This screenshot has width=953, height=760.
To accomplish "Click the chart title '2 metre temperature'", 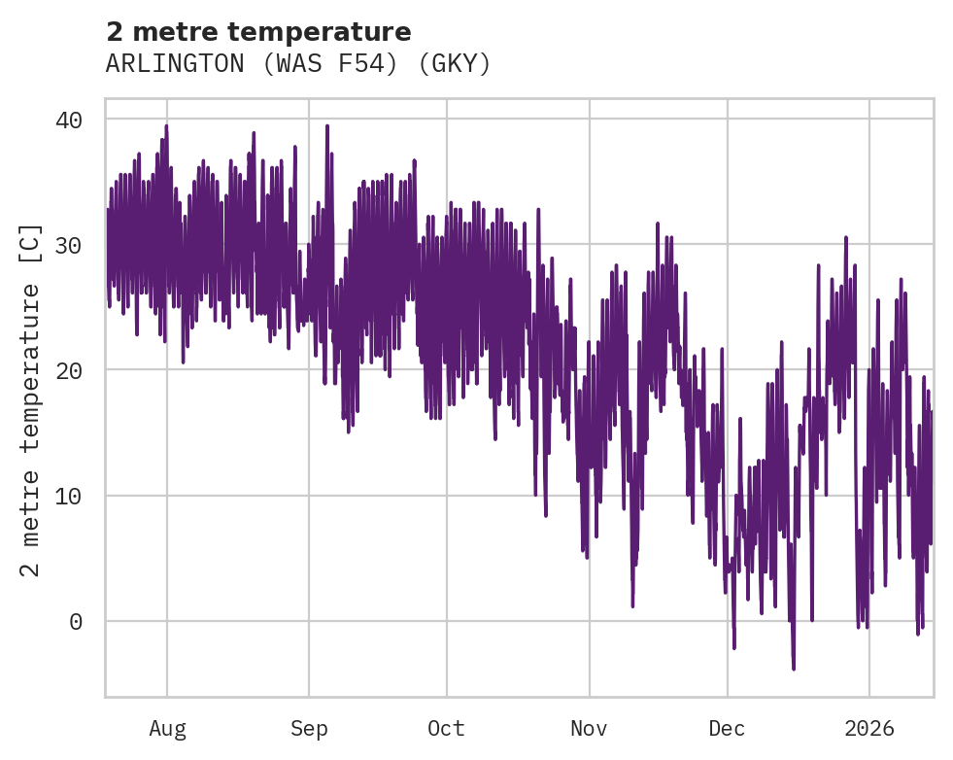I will tap(258, 32).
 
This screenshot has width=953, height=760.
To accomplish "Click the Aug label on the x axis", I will tap(167, 729).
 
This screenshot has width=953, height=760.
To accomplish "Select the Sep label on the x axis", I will tap(309, 729).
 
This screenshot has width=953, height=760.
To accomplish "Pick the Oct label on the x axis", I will tap(447, 729).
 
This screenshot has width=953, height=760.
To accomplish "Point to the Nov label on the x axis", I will tap(589, 729).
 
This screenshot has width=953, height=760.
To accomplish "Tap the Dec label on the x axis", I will tap(728, 729).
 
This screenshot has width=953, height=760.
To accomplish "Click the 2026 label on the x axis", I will tap(868, 729).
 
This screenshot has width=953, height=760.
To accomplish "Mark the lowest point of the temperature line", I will tap(794, 669).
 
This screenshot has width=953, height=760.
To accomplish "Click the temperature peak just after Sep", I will tap(327, 125).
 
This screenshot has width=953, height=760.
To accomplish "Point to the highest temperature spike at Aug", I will tap(166, 125).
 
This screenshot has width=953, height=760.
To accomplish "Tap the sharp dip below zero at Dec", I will tap(734, 647).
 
